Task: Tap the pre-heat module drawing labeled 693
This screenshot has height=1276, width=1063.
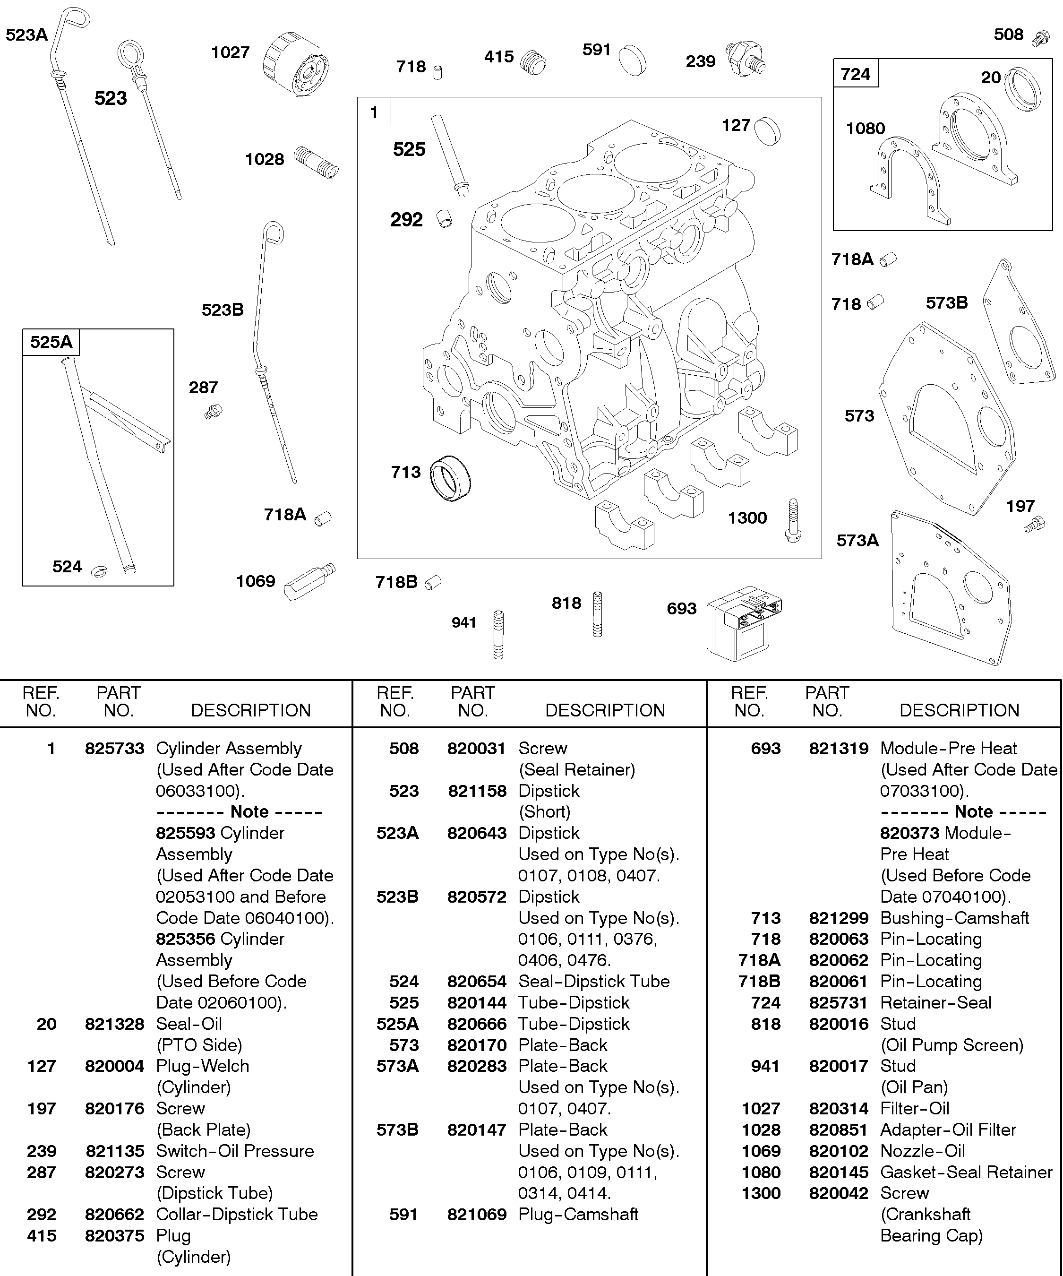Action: [x=744, y=623]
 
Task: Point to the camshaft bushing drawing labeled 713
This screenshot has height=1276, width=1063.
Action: [x=450, y=478]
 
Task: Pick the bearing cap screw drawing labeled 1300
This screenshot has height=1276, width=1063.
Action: [x=793, y=521]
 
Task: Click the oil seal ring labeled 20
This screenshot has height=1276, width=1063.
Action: [x=1023, y=89]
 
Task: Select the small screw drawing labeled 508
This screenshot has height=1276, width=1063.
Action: [x=1041, y=38]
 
